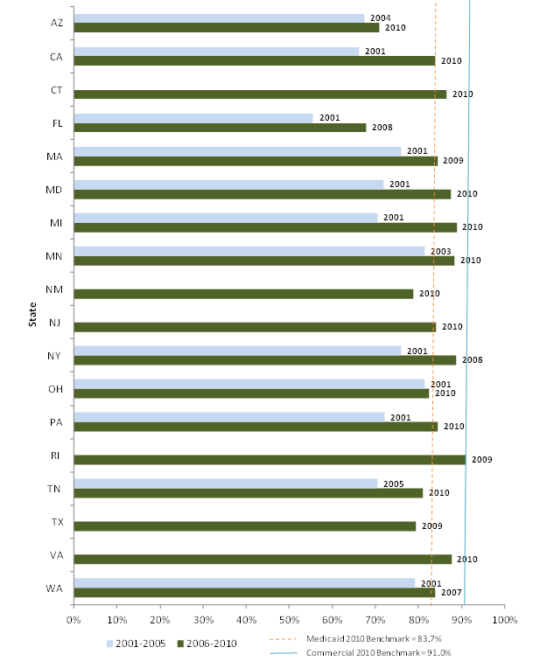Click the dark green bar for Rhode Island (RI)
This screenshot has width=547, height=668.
coord(270,459)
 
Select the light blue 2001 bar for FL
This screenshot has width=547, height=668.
coord(193,118)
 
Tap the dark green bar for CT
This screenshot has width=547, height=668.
coord(260,94)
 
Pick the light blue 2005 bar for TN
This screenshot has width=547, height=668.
coord(226,484)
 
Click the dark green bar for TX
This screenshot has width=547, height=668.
coord(245,525)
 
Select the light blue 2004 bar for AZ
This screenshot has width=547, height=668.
coord(219,18)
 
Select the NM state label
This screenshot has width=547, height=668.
coord(53,289)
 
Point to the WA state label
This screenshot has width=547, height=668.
coord(53,588)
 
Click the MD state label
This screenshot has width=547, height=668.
coord(53,190)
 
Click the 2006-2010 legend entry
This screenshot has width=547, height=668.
coord(211,643)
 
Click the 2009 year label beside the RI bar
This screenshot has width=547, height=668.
coord(481,459)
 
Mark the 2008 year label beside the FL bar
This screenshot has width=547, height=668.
coord(382,128)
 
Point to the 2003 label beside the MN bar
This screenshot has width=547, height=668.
coord(440,251)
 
